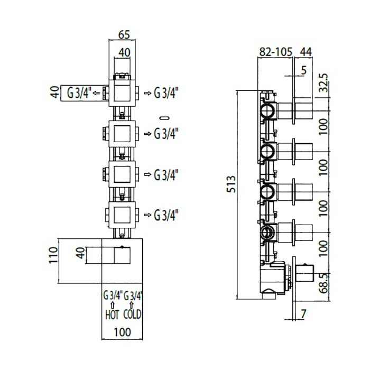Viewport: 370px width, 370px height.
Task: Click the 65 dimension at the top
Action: coord(124,35)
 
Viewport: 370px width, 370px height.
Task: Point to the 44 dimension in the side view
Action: coord(306,52)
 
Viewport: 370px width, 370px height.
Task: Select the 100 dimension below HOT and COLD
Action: coord(123,333)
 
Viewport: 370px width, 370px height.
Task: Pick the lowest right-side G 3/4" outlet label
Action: coord(166,215)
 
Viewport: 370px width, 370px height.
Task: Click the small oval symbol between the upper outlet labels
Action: coord(164,116)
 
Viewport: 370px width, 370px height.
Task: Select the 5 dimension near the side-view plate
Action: coord(303,69)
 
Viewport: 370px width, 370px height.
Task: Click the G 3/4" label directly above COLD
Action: coord(134,295)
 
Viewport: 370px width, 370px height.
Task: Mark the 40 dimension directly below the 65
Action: coord(124,52)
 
